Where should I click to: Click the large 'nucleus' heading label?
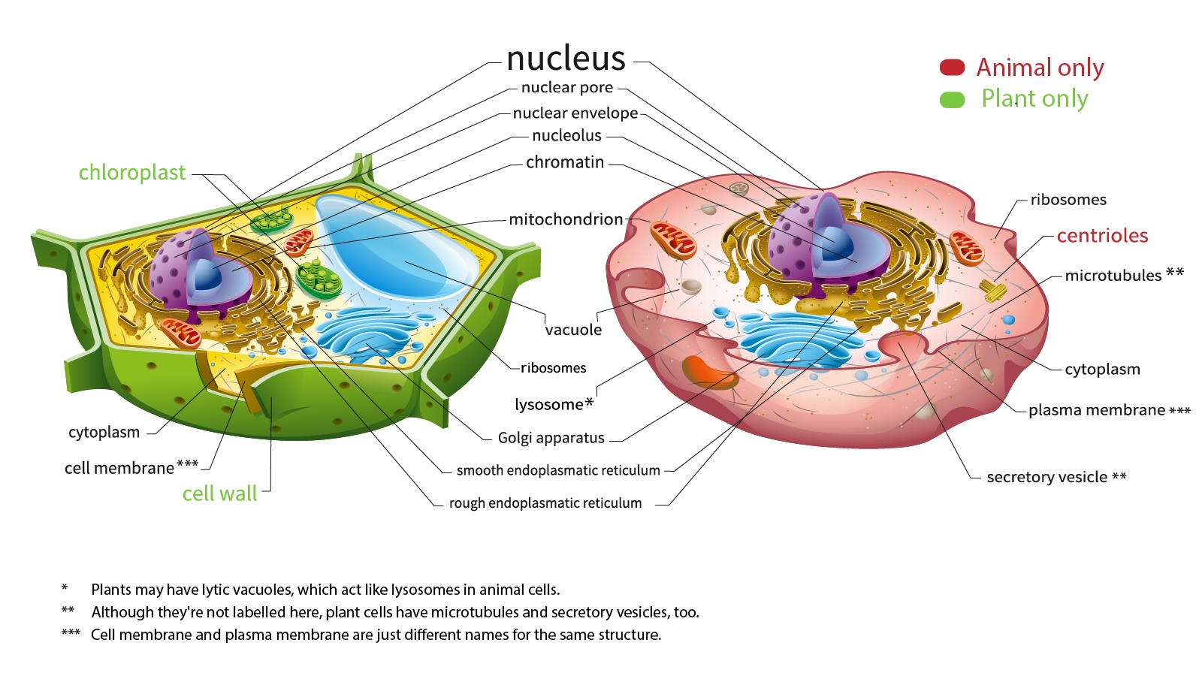point(566,59)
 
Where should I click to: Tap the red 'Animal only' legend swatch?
point(952,68)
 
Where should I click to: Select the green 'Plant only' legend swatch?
point(952,100)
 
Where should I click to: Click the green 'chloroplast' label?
point(132,173)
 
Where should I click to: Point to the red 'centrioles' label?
point(1102,236)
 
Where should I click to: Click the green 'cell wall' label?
point(219,493)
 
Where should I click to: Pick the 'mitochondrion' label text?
point(566,219)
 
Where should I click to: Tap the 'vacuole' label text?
point(573,330)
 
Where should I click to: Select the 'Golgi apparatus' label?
point(551,438)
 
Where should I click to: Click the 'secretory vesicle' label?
point(1046,478)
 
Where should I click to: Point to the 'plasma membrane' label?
point(1096,410)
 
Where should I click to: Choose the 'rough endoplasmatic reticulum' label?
point(545,503)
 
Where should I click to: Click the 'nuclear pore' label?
point(567,88)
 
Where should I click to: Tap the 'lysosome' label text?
point(549,405)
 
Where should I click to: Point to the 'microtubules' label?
point(1113,276)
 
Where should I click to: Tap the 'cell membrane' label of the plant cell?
point(119,468)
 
